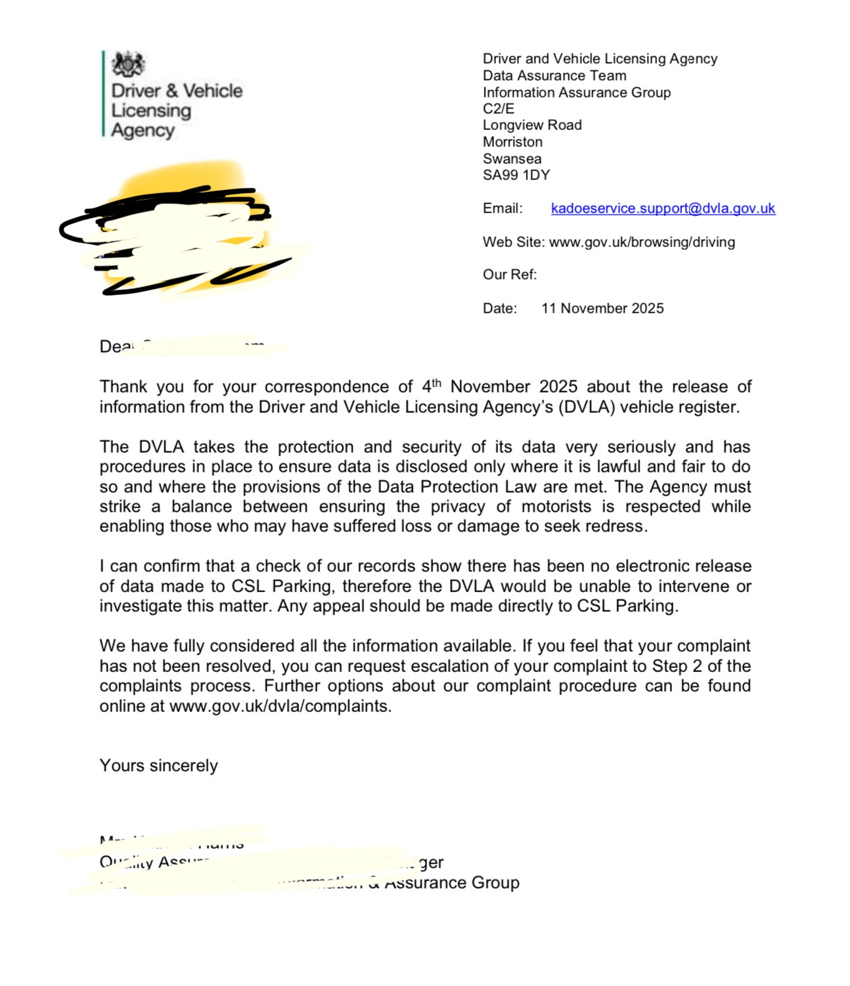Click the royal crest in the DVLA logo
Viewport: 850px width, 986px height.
click(x=128, y=65)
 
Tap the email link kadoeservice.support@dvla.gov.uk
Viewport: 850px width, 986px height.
click(x=663, y=208)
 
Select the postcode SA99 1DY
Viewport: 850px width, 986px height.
click(x=516, y=175)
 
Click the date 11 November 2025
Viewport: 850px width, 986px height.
click(x=602, y=309)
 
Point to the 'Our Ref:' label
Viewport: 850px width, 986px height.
click(x=510, y=275)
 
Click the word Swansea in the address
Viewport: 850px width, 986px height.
click(x=512, y=159)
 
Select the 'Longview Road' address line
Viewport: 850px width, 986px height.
click(x=532, y=125)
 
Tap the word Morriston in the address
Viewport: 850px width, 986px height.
click(x=512, y=142)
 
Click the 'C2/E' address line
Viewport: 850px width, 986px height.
click(x=498, y=109)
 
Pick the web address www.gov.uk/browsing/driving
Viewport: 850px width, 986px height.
click(x=642, y=242)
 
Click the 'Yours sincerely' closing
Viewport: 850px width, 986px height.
click(x=158, y=765)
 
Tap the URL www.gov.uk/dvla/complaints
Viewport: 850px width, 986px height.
click(x=279, y=707)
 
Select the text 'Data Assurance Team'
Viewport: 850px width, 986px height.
click(x=554, y=76)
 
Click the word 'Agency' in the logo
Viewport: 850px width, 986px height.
click(x=143, y=131)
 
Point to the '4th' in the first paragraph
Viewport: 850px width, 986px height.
click(x=431, y=386)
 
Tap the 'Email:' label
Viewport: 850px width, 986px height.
click(x=502, y=208)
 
